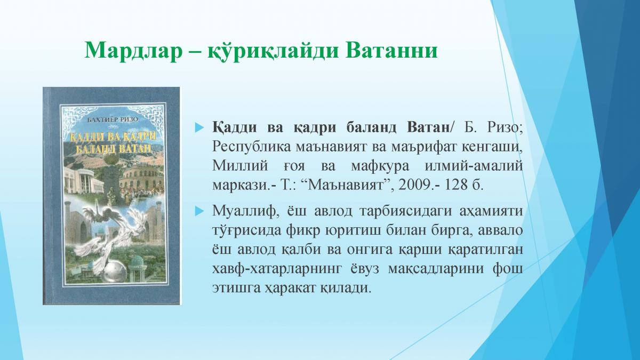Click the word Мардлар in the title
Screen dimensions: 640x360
point(133,51)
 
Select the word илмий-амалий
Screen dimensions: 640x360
point(474,166)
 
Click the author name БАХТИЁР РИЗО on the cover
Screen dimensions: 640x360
point(113,120)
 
